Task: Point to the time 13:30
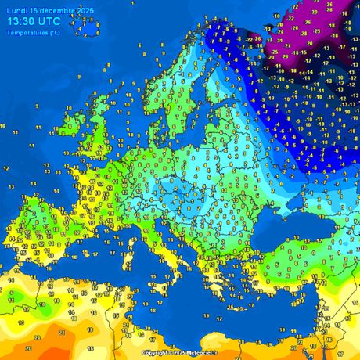point(23,23)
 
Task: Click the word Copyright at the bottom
point(156,353)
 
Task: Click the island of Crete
point(235,291)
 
